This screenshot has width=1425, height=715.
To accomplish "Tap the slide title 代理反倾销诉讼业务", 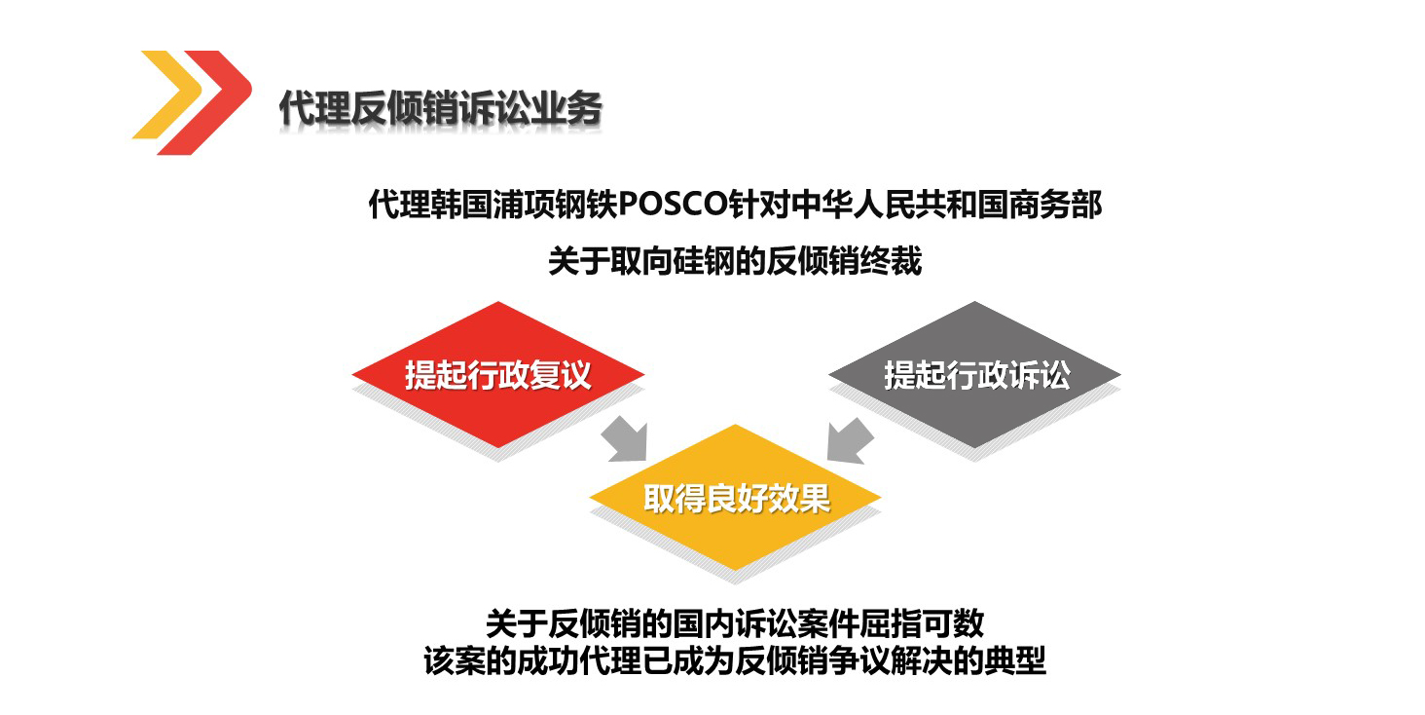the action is click(440, 107).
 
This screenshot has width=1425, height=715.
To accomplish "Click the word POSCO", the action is click(673, 205).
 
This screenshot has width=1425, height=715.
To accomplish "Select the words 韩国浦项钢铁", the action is click(524, 205).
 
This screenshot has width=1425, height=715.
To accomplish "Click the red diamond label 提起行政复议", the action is click(498, 374).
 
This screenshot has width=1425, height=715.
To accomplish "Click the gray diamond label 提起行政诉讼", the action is click(976, 374).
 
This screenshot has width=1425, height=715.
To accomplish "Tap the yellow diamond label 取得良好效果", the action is click(737, 498).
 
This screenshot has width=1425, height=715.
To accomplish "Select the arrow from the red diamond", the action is click(626, 438).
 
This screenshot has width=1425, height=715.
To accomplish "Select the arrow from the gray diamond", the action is click(850, 440).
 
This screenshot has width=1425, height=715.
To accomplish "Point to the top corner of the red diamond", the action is click(498, 302).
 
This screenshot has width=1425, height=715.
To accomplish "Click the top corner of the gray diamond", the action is click(974, 302).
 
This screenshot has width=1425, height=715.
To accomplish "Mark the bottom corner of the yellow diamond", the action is click(736, 571).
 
